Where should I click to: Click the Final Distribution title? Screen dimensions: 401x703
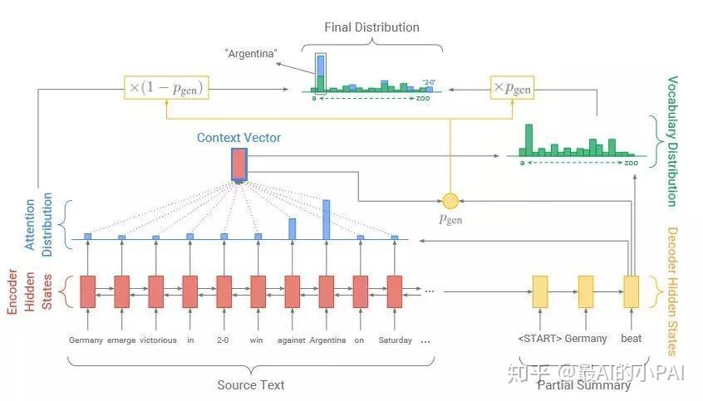pyautogui.click(x=371, y=27)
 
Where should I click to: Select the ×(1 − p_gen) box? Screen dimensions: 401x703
pyautogui.click(x=165, y=86)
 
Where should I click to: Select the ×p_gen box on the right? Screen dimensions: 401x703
pyautogui.click(x=513, y=86)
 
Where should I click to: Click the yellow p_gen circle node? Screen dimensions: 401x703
pyautogui.click(x=450, y=200)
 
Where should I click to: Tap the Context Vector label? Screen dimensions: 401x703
pyautogui.click(x=238, y=137)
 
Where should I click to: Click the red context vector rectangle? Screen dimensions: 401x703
pyautogui.click(x=239, y=164)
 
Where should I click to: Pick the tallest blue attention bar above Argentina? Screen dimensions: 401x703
pyautogui.click(x=327, y=219)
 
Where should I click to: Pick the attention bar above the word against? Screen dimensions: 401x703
pyautogui.click(x=293, y=228)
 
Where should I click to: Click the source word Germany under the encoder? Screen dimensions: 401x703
pyautogui.click(x=86, y=340)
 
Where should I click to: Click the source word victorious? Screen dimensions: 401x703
pyautogui.click(x=158, y=340)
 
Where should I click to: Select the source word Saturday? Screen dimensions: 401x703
pyautogui.click(x=396, y=340)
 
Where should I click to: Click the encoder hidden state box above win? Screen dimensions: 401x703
pyautogui.click(x=258, y=291)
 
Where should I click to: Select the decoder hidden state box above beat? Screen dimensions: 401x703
pyautogui.click(x=631, y=291)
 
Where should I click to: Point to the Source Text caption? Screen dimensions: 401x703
pyautogui.click(x=250, y=384)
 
